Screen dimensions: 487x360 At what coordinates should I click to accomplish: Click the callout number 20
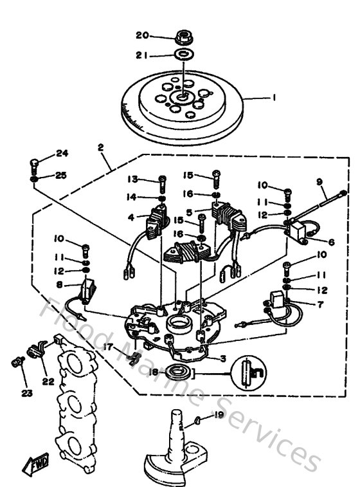142,35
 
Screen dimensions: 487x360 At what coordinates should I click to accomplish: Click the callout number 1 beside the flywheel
274,98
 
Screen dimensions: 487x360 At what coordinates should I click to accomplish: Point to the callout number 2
100,147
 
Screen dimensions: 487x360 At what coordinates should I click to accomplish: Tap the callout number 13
132,178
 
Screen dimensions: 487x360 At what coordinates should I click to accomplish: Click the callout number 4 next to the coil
131,217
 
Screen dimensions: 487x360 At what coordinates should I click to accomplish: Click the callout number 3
222,358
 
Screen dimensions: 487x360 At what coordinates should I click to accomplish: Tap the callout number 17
110,346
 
